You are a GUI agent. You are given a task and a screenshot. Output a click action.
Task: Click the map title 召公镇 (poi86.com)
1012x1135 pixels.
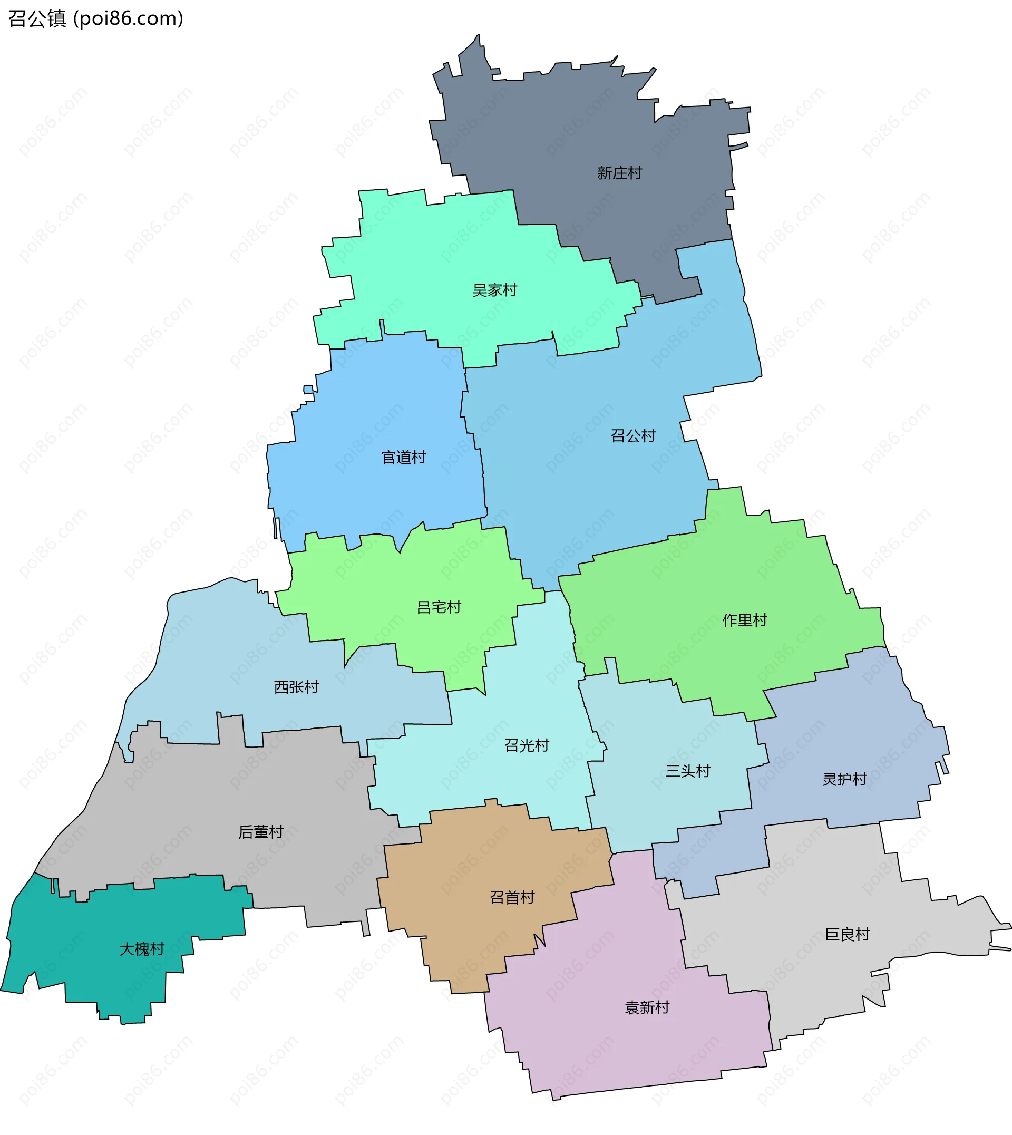pyautogui.click(x=95, y=19)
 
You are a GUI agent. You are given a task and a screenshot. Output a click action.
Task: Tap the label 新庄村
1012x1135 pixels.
pyautogui.click(x=619, y=173)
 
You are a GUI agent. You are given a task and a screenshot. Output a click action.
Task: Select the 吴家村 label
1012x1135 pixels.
pyautogui.click(x=494, y=290)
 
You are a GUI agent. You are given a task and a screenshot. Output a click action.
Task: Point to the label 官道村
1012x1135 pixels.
pyautogui.click(x=404, y=458)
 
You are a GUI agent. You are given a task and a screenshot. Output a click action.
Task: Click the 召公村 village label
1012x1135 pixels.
pyautogui.click(x=633, y=435)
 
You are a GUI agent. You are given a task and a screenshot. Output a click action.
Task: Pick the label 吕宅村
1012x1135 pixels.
pyautogui.click(x=439, y=607)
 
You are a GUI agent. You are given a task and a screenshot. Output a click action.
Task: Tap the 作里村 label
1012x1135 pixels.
pyautogui.click(x=745, y=620)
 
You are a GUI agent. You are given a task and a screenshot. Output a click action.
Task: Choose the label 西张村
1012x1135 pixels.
pyautogui.click(x=296, y=687)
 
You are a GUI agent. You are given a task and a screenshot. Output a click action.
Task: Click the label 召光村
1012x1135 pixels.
pyautogui.click(x=527, y=745)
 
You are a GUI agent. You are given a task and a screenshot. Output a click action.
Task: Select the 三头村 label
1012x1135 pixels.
pyautogui.click(x=688, y=771)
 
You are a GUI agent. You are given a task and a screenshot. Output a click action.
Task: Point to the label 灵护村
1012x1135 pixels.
pyautogui.click(x=844, y=779)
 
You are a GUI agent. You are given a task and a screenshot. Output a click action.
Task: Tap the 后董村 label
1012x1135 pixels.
pyautogui.click(x=261, y=832)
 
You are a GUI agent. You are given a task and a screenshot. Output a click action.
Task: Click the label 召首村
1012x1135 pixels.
pyautogui.click(x=512, y=897)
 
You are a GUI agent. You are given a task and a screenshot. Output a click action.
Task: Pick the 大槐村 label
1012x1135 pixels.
pyautogui.click(x=142, y=949)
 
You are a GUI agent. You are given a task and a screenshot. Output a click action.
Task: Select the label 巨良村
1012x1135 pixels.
pyautogui.click(x=848, y=934)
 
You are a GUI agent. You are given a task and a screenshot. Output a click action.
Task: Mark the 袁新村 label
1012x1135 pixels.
pyautogui.click(x=647, y=1007)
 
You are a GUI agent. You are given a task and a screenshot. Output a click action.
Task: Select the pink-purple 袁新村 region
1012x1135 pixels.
pyautogui.click(x=611, y=1056)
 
